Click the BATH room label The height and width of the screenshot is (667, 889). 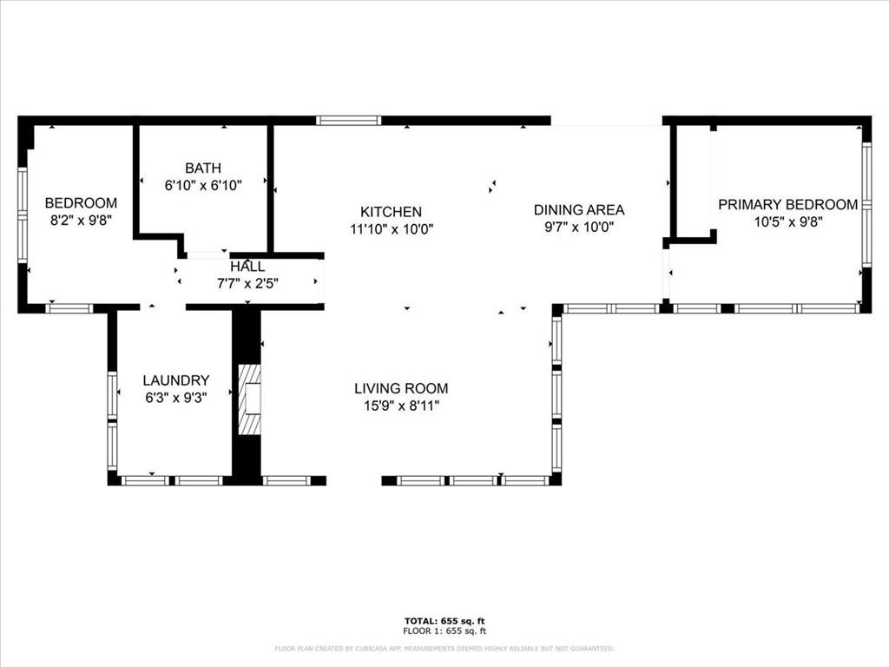coord(203,168)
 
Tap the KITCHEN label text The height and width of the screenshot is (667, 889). coord(392,212)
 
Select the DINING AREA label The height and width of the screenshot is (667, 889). coord(579,210)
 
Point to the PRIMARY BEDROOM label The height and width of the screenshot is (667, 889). coord(788,204)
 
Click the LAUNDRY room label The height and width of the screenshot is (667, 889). coord(175,380)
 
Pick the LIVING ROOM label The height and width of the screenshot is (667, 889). coord(401,388)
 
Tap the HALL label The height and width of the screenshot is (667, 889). coord(247,267)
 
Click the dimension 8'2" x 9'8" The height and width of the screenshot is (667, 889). coord(81,220)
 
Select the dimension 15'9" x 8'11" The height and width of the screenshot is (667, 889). coord(401,406)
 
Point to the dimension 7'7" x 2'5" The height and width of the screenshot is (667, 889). coord(247,283)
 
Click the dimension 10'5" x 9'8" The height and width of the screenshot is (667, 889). coord(788,221)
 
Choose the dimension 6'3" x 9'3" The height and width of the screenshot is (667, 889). coord(175,398)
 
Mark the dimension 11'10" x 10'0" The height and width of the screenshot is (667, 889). coord(392,229)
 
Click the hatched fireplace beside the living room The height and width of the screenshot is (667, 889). coord(249,400)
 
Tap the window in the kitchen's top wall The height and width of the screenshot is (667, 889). coord(348,120)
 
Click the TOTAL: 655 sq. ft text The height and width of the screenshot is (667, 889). coord(444,621)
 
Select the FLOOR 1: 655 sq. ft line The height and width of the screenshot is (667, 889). coord(444,631)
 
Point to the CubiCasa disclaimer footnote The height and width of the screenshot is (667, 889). coord(444,648)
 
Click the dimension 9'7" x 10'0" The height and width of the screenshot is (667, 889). coord(579,227)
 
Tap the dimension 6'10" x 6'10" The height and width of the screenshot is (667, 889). coord(203,185)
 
